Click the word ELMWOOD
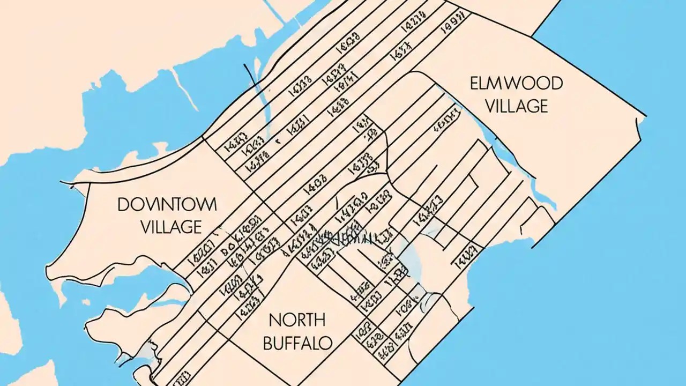(516, 84)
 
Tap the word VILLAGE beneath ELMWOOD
(516, 106)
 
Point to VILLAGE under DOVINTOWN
(171, 226)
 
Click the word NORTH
(297, 321)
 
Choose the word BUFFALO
(298, 343)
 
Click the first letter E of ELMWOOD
(475, 84)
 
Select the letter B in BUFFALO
(269, 343)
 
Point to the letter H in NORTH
(319, 321)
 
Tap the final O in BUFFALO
(326, 343)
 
